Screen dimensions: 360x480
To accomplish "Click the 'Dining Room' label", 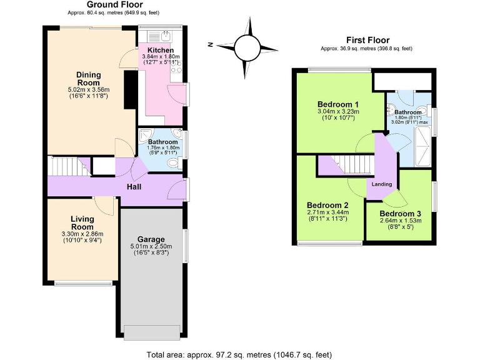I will pyautogui.click(x=88, y=79).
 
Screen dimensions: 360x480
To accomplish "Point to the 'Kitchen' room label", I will pyautogui.click(x=161, y=50).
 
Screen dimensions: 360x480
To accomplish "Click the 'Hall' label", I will pyautogui.click(x=134, y=186).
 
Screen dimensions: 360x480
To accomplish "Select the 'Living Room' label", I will pyautogui.click(x=82, y=222).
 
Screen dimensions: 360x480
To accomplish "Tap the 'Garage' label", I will pyautogui.click(x=151, y=239).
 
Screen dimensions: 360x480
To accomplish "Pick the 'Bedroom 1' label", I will pyautogui.click(x=337, y=104).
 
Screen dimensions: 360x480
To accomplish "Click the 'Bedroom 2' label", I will pyautogui.click(x=327, y=204).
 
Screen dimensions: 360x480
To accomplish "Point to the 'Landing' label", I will pyautogui.click(x=381, y=184).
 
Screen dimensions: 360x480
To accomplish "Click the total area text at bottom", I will pyautogui.click(x=240, y=354).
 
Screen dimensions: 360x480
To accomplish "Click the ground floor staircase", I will pyautogui.click(x=66, y=167).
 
